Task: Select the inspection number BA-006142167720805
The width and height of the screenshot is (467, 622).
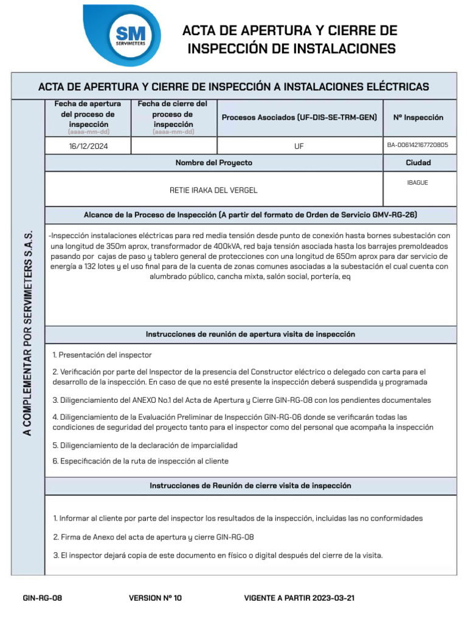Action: click(417, 145)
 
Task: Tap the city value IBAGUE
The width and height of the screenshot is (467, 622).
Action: click(417, 182)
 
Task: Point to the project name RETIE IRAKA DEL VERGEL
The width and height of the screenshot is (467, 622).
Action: click(213, 190)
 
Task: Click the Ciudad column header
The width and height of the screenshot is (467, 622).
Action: click(418, 163)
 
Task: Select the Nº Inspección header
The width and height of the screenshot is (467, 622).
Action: click(418, 117)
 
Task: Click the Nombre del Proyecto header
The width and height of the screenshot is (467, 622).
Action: click(213, 163)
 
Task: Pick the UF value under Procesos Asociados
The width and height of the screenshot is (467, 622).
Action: click(299, 146)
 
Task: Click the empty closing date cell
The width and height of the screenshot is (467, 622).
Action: click(173, 146)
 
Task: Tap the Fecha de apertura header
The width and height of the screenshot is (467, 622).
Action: click(88, 114)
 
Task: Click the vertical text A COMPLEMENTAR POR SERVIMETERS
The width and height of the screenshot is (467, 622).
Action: click(27, 333)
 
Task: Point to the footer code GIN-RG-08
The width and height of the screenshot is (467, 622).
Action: click(42, 598)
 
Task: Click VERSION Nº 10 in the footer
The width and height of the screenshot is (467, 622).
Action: click(155, 598)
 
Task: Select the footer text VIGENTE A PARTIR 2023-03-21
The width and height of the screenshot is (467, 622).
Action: click(299, 598)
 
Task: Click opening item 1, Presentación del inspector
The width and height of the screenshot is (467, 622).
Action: click(102, 355)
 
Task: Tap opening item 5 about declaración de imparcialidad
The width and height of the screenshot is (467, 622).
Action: click(145, 445)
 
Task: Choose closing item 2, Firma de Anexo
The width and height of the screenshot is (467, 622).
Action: click(153, 537)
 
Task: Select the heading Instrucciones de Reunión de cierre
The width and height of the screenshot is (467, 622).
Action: click(250, 486)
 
